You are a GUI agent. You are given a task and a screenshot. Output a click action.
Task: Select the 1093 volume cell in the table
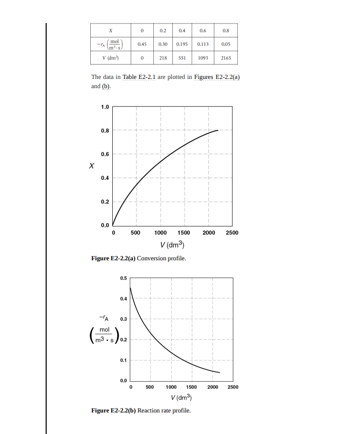pos(203,58)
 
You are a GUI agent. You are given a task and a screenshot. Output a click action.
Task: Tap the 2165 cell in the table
pos(226,58)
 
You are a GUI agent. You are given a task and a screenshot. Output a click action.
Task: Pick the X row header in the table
pos(111,31)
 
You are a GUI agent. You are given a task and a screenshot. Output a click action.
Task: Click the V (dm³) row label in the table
pos(111,58)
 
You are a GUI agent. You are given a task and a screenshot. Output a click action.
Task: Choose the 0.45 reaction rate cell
pos(143,44)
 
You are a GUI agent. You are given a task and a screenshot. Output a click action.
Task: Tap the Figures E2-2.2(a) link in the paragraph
pos(217,77)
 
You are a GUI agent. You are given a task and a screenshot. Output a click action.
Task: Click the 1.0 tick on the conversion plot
pos(105,107)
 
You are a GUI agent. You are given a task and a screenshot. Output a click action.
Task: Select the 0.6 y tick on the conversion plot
pos(105,154)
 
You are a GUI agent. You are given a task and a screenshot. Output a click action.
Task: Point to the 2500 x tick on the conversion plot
pos(232,233)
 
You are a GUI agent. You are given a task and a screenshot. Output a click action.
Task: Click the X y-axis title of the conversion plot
pos(91,166)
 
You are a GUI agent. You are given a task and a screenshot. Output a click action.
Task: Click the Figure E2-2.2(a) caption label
pos(113,258)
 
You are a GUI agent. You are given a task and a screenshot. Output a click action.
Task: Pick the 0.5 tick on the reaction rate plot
pos(123,278)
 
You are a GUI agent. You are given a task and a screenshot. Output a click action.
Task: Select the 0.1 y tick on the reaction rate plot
pos(123,360)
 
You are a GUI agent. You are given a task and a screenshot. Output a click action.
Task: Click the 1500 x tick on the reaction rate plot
pos(191,387)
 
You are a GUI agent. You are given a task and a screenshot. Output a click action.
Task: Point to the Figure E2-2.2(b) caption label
pos(113,410)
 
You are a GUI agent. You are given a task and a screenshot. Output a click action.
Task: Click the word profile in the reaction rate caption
pos(181,410)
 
